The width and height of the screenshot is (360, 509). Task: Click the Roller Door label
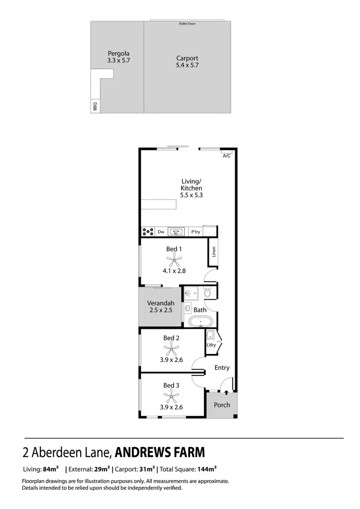pyautogui.click(x=187, y=24)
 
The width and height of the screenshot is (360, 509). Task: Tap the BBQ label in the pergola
pyautogui.click(x=95, y=106)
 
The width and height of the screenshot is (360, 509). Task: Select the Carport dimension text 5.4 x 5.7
pyautogui.click(x=187, y=65)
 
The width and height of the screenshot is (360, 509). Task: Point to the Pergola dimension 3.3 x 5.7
pyautogui.click(x=119, y=61)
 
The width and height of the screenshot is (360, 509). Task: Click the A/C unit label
pyautogui.click(x=226, y=156)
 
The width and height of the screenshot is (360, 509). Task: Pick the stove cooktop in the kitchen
pyautogui.click(x=148, y=232)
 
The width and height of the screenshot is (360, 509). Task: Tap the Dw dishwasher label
pyautogui.click(x=161, y=232)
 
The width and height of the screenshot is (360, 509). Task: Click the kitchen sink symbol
pyautogui.click(x=176, y=232)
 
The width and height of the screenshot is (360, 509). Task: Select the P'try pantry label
pyautogui.click(x=195, y=232)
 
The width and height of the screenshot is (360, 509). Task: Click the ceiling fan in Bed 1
pyautogui.click(x=174, y=261)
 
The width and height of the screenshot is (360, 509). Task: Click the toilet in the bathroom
pyautogui.click(x=207, y=292)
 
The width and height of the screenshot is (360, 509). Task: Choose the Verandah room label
pyautogui.click(x=161, y=303)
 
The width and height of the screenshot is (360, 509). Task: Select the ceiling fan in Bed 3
pyautogui.click(x=171, y=397)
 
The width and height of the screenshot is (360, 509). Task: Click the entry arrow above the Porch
pyautogui.click(x=226, y=393)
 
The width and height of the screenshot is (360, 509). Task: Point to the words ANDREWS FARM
pyautogui.click(x=160, y=452)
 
